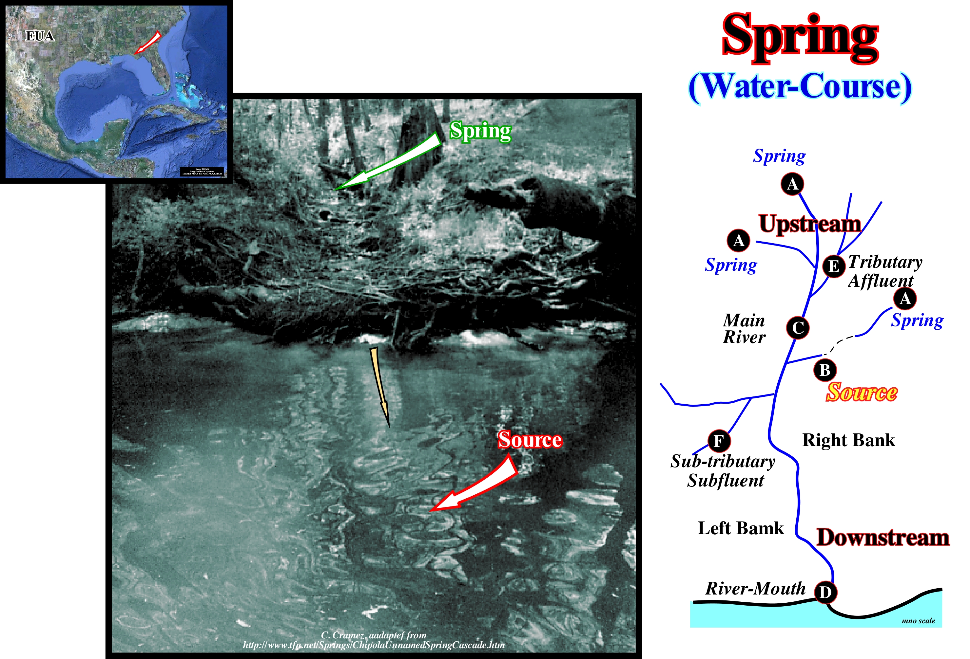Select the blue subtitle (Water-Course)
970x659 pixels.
(x=800, y=87)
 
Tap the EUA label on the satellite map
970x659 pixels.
(x=40, y=36)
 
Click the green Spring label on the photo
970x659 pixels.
(x=480, y=131)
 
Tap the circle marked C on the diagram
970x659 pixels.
(x=798, y=328)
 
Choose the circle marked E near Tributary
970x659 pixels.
(x=834, y=266)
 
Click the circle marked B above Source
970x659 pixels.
(x=825, y=370)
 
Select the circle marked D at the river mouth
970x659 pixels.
(x=825, y=592)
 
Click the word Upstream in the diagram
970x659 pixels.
(x=810, y=224)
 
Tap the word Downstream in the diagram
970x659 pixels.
(x=883, y=537)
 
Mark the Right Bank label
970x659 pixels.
(x=848, y=440)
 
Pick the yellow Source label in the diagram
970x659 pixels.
(x=862, y=393)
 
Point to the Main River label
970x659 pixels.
(x=744, y=329)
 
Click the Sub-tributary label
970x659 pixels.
(x=723, y=461)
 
